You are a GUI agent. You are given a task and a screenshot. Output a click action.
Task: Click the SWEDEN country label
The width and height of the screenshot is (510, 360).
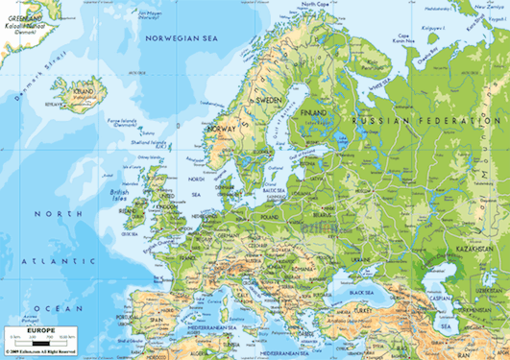268,100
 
